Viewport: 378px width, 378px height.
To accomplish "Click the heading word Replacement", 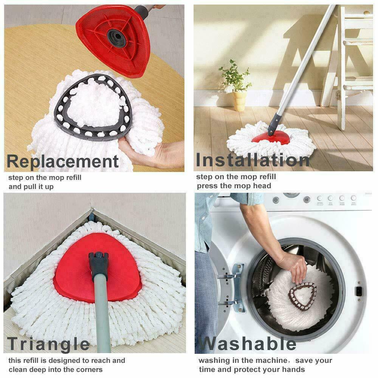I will point(63,161).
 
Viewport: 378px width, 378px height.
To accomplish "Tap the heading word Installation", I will point(253,160).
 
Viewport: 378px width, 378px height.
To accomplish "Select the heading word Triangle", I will point(48,344).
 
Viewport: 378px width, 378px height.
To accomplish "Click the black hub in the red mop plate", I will point(116,38).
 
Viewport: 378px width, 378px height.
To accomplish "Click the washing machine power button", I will point(276,200).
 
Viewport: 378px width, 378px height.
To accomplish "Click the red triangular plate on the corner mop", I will point(76,272).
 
